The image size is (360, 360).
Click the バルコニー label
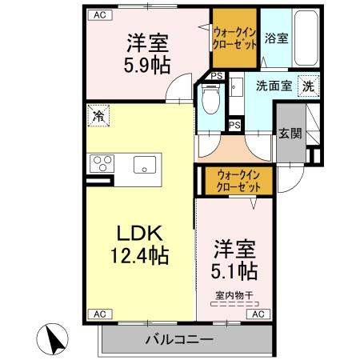coord(179,340)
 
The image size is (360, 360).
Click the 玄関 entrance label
coord(290,134)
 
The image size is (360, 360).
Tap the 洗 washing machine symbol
coord(308,85)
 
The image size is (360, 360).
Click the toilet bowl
coord(210,102)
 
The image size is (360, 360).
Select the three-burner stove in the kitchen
coord(103,166)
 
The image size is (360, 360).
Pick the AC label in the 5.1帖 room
coord(258,314)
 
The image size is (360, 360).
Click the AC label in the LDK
coord(98,314)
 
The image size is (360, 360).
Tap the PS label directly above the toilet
coord(218,76)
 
